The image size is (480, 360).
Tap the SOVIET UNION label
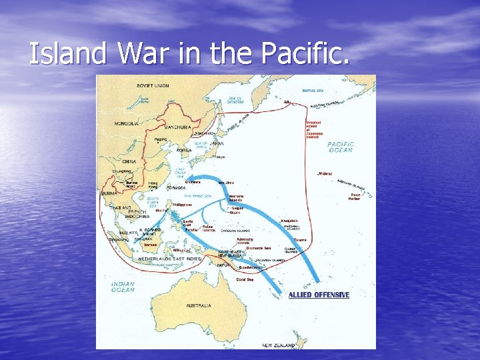pyautogui.click(x=153, y=85)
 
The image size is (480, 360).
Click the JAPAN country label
pyautogui.click(x=217, y=143)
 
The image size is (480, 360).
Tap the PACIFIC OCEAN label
pyautogui.click(x=341, y=147)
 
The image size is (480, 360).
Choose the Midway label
pyautogui.click(x=325, y=173)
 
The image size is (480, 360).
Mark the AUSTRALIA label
pyautogui.click(x=199, y=305)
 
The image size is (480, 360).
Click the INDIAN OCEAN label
pyautogui.click(x=123, y=287)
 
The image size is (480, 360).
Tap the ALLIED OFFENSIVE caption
pyautogui.click(x=319, y=295)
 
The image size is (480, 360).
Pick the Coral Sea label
pyautogui.click(x=246, y=279)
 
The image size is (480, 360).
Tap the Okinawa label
pyautogui.click(x=192, y=181)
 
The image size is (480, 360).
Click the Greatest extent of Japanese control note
pyautogui.click(x=315, y=128)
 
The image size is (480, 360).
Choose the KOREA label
pyautogui.click(x=184, y=150)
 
